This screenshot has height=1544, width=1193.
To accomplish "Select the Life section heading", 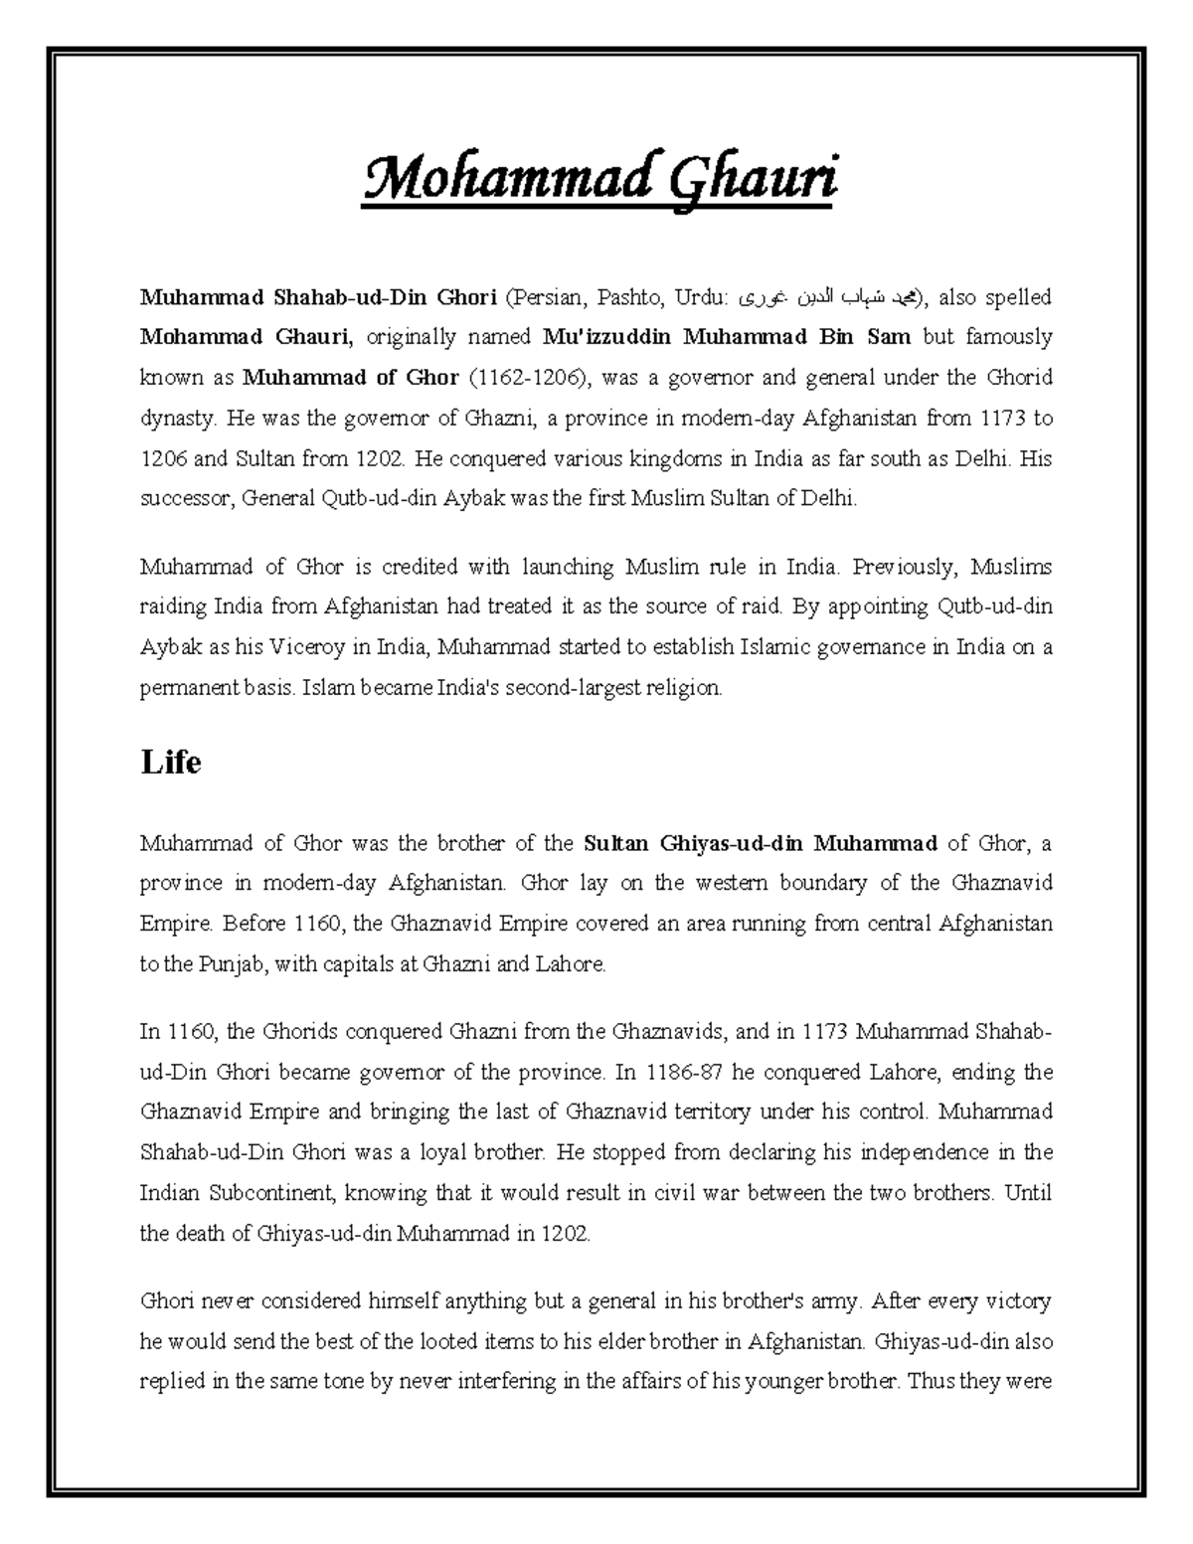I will click(171, 763).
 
